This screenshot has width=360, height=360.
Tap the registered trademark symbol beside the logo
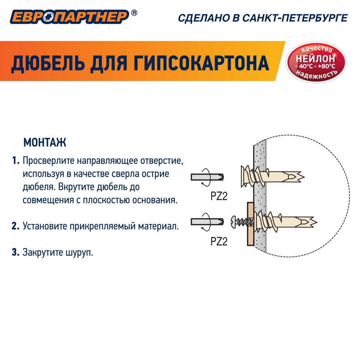pos(134,13)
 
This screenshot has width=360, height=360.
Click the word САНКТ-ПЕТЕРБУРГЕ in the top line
pos(295,18)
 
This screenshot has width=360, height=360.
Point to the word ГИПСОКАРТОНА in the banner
pos(201,63)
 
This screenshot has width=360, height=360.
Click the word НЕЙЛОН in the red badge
pos(315,59)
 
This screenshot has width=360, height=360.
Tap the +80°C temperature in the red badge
pos(327,66)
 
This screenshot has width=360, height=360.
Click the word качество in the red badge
pos(316,49)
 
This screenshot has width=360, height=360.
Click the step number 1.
pos(15,161)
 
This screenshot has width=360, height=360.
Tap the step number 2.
pos(15,226)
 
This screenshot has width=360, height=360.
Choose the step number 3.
pos(15,252)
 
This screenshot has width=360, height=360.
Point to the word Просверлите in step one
pos(49,161)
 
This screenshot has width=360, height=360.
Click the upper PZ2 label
pos(219,196)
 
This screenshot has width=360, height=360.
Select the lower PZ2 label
pos(219,242)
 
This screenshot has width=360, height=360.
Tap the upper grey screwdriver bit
pos(207,177)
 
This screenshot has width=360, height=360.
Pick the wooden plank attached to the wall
pos(251,224)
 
